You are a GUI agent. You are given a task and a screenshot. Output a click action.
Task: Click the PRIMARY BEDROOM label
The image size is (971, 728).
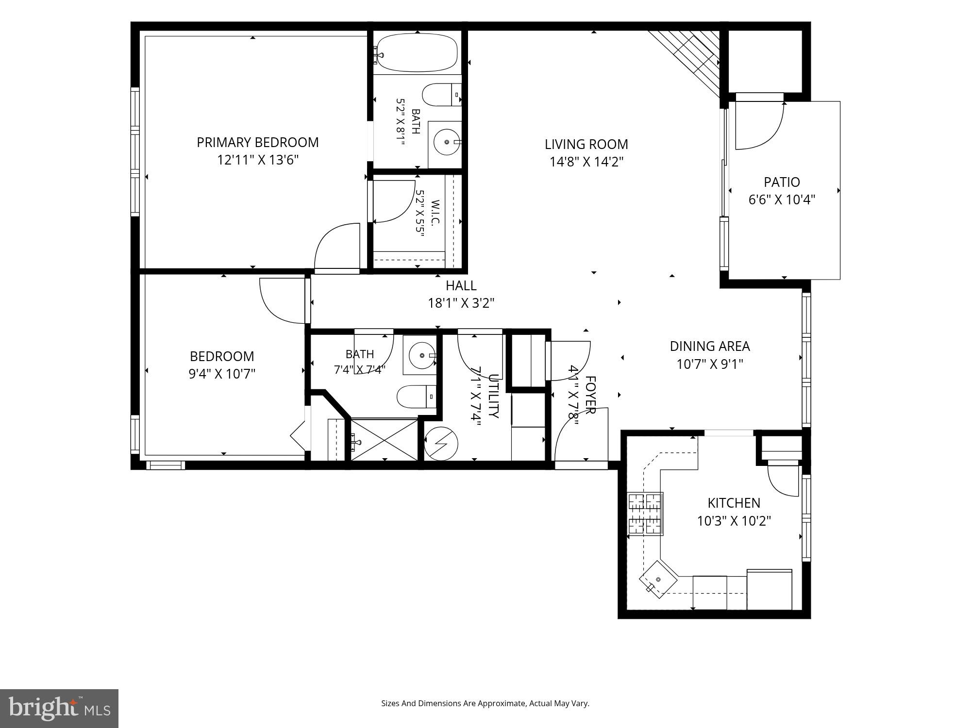pos(258,142)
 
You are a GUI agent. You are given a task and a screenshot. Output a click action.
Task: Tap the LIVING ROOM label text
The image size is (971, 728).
pos(586,144)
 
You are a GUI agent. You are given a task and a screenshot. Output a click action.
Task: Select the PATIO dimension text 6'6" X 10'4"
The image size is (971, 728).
pos(782,199)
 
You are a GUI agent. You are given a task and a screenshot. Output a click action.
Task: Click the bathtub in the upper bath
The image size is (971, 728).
pos(417,52)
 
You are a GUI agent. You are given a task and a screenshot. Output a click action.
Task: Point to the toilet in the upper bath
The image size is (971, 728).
pos(441,95)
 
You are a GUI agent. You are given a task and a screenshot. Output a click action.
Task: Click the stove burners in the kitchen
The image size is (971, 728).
pos(645,514)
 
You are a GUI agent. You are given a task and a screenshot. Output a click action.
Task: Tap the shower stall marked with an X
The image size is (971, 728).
pos(384,440)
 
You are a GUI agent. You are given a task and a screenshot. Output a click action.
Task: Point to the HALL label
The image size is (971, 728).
pos(461,285)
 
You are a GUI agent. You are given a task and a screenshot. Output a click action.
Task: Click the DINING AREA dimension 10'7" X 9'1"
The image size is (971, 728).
pos(710,364)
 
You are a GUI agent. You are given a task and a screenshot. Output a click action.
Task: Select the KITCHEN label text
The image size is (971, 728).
pos(734,503)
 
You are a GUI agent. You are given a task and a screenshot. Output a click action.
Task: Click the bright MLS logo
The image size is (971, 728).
pos(59,709)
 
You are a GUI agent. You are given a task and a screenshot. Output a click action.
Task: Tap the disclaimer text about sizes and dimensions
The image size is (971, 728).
pos(485,703)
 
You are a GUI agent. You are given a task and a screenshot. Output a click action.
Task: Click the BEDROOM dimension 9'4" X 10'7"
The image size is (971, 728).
pos(222,374)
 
